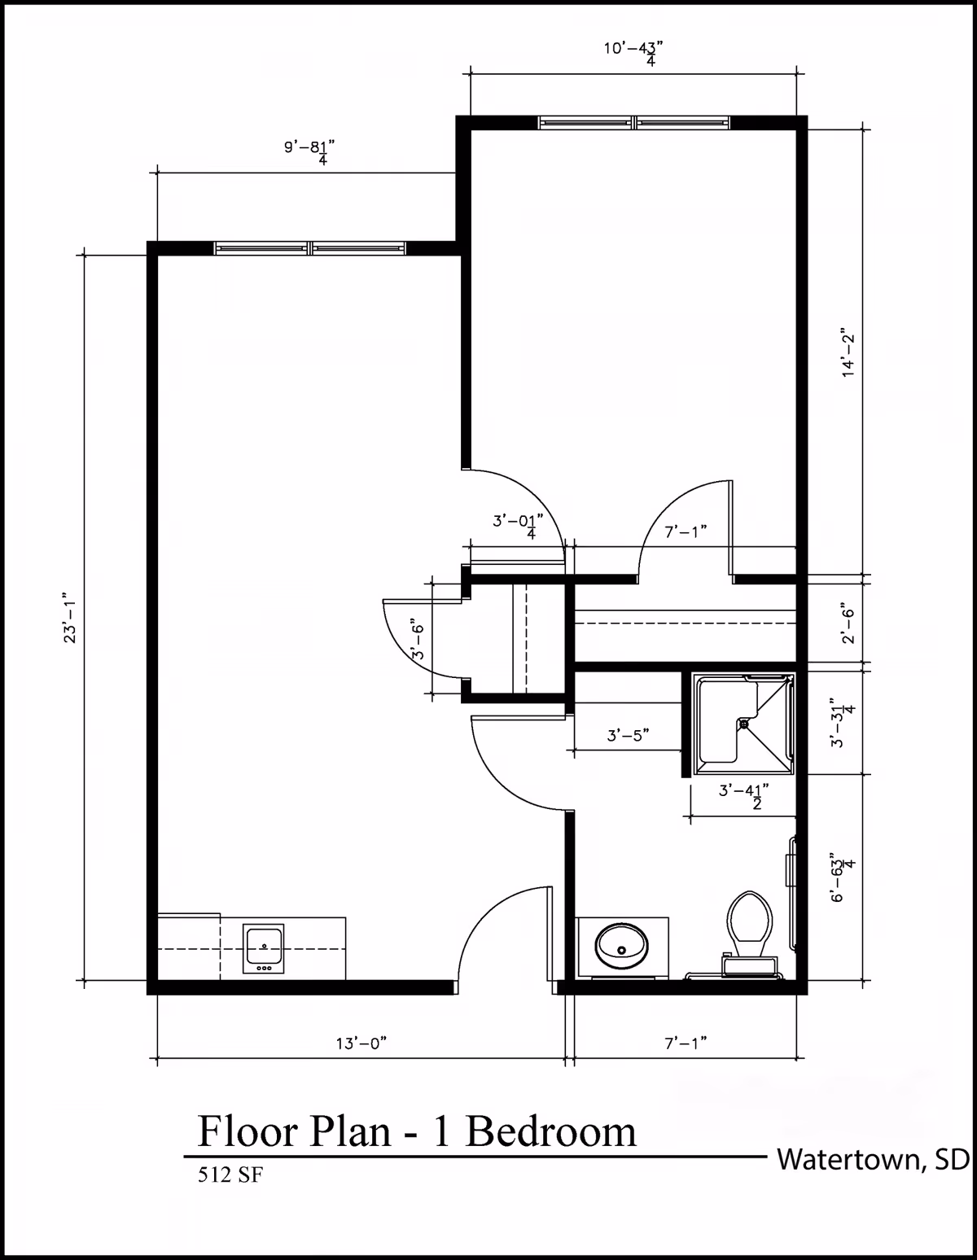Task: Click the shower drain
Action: click(x=743, y=722)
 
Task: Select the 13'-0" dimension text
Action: click(x=361, y=1043)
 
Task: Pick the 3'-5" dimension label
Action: click(x=628, y=736)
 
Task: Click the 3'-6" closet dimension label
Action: click(x=417, y=637)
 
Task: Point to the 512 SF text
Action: click(x=230, y=1175)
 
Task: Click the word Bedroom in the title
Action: click(x=551, y=1131)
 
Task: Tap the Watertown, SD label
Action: click(x=872, y=1158)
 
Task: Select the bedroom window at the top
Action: click(x=635, y=123)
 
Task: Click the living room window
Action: click(x=310, y=248)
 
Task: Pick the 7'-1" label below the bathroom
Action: click(x=685, y=1043)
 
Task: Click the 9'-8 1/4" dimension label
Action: click(x=310, y=151)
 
